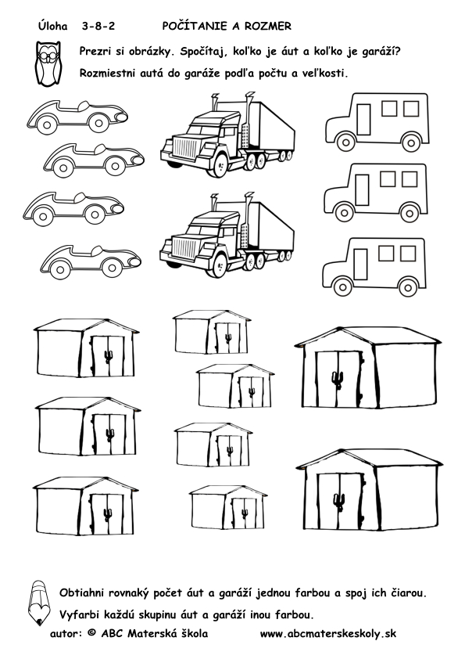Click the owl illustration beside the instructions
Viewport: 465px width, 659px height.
(48, 63)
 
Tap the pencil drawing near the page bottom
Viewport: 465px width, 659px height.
(38, 603)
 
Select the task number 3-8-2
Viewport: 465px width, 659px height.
(98, 27)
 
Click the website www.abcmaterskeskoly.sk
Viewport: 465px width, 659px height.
(327, 634)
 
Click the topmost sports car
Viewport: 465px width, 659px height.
(77, 116)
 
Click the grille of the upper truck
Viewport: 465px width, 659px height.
(184, 148)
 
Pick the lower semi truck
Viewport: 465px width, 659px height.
(227, 235)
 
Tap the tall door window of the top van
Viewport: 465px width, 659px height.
(363, 120)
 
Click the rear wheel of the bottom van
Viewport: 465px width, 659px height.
(407, 287)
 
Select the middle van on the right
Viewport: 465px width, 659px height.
(376, 193)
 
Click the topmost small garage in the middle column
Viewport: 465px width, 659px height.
(212, 332)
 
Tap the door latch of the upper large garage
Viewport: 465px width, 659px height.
(338, 379)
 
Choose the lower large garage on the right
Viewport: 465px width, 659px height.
(370, 491)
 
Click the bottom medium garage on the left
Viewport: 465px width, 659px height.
(86, 506)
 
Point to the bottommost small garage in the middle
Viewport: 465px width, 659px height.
(228, 507)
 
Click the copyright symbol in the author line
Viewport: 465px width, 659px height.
(91, 633)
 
